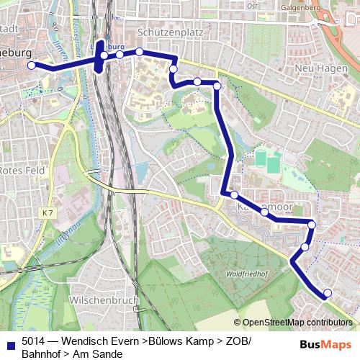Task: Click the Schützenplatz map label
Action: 170,32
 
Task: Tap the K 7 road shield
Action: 48,213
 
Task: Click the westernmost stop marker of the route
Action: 32,66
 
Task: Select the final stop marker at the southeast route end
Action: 328,292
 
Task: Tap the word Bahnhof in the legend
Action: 42,354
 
